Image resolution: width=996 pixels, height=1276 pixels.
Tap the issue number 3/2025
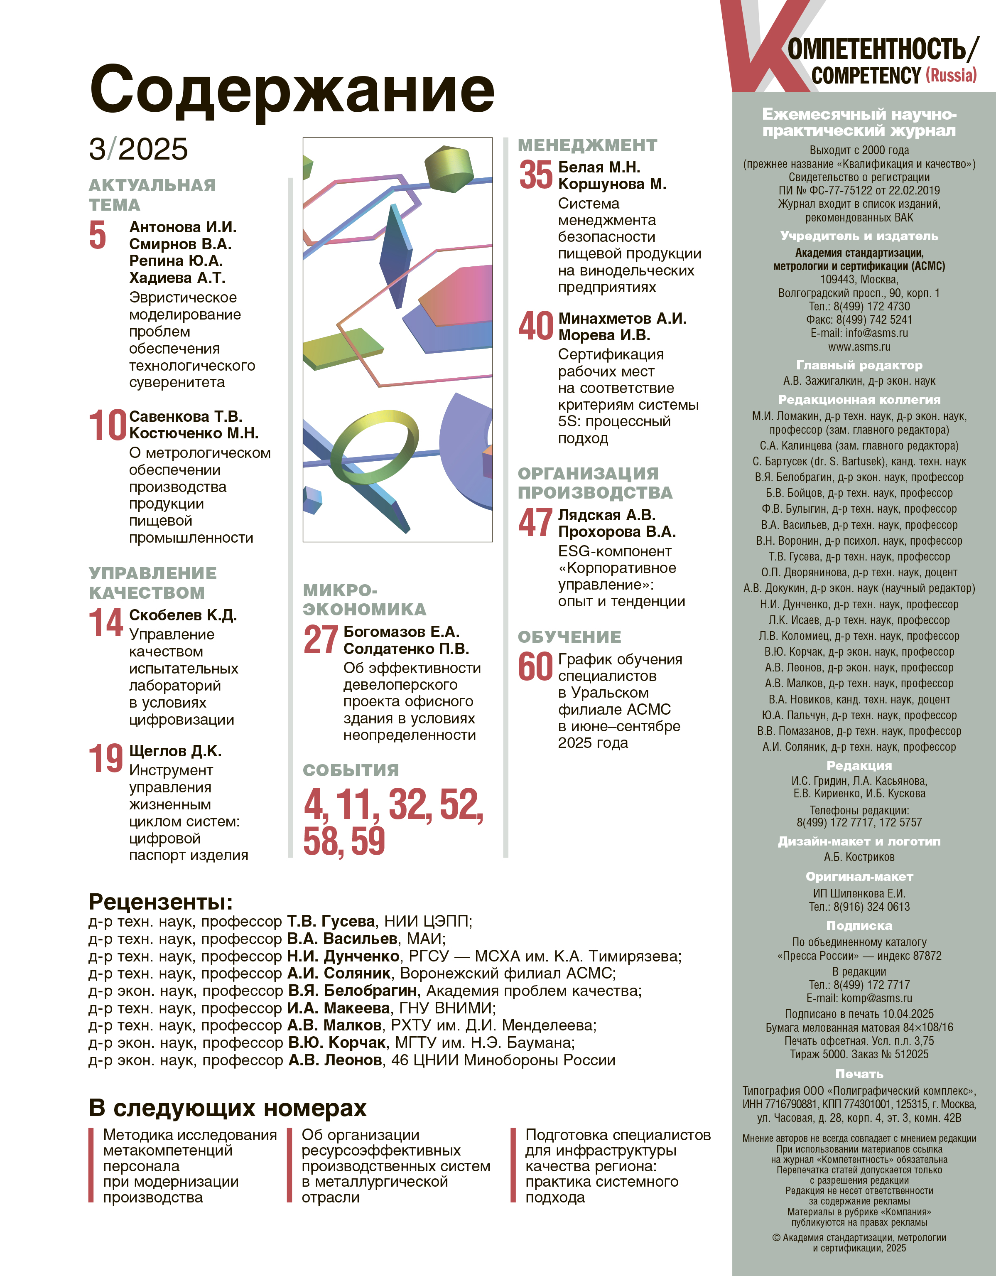(x=138, y=149)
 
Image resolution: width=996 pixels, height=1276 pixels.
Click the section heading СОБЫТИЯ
(x=351, y=770)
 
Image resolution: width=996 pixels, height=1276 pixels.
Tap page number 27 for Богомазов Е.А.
(x=321, y=640)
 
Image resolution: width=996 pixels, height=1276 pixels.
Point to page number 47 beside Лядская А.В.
(x=535, y=522)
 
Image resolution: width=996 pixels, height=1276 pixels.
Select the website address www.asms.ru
(x=859, y=347)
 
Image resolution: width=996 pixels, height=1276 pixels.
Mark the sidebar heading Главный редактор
(x=859, y=365)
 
